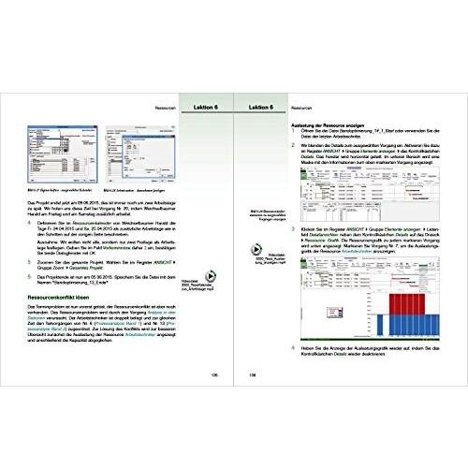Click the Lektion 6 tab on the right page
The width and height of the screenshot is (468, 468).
[x=263, y=108]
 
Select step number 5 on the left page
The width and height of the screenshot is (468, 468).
[x=29, y=260]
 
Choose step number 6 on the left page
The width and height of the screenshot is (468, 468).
[x=29, y=276]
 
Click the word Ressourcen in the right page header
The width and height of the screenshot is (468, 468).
[x=304, y=108]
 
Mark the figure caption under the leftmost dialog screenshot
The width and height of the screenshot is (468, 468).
[x=58, y=190]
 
